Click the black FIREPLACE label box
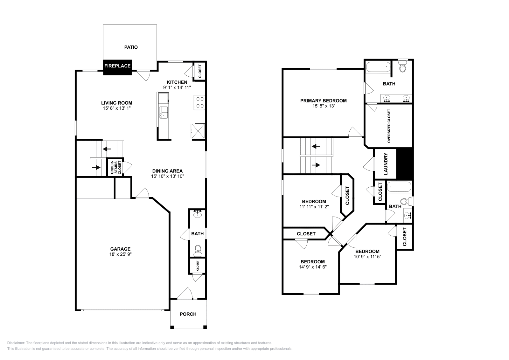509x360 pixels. coord(117,66)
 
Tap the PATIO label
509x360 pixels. coord(131,47)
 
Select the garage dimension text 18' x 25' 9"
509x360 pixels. coord(120,254)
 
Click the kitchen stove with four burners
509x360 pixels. coord(200,102)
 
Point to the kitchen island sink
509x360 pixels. coord(164,112)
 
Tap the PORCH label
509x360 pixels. coord(188,314)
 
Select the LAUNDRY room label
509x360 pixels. coord(386,164)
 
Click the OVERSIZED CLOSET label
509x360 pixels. coord(389,126)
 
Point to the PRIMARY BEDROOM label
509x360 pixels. coord(323,100)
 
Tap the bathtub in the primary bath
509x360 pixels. coord(378,67)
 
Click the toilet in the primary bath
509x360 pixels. coord(403,67)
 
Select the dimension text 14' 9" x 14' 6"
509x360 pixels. coord(313,267)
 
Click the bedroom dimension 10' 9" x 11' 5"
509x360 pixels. coord(367,256)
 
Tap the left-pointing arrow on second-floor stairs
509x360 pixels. coord(316,147)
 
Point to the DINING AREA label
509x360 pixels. coord(167,171)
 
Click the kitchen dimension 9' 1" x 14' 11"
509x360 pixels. coord(177,87)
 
